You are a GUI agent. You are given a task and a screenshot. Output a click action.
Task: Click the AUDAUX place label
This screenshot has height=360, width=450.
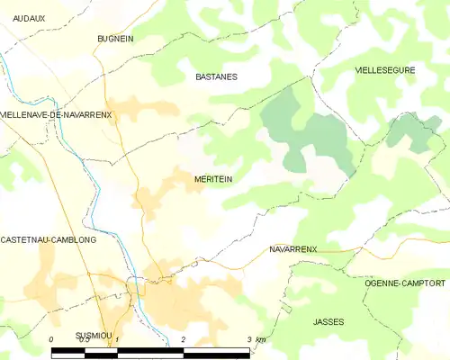(30, 17)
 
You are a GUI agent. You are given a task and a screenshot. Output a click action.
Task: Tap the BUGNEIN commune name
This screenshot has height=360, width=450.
(115, 40)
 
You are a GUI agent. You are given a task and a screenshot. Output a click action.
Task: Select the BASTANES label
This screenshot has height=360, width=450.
(216, 77)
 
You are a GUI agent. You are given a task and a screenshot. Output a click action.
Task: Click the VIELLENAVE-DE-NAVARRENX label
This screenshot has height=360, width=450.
(56, 114)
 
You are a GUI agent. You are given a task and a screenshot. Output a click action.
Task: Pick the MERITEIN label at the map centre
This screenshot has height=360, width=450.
(213, 179)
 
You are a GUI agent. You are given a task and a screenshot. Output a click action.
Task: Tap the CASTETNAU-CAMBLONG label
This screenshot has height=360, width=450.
(49, 240)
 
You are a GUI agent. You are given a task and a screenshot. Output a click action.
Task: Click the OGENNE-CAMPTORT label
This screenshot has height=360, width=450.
(405, 283)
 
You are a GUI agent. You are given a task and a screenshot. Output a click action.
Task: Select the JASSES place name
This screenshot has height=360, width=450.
(328, 321)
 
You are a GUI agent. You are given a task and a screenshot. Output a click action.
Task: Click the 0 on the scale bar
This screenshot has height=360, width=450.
(51, 339)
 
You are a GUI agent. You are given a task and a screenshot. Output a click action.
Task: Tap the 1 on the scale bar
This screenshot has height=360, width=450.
(118, 339)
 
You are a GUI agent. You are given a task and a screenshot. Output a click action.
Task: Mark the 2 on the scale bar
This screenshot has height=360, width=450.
(184, 339)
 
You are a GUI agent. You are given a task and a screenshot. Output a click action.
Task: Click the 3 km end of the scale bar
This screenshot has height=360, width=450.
(256, 339)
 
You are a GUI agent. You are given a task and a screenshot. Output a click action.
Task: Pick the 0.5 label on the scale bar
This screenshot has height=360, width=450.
(83, 339)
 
